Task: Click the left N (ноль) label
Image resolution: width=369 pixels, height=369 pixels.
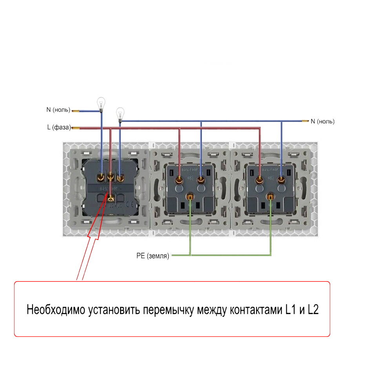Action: (58, 110)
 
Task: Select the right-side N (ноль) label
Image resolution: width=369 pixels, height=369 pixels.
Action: (323, 122)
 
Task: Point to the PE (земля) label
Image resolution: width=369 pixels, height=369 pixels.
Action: (153, 256)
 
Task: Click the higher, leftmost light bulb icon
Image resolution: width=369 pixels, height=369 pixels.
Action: (101, 104)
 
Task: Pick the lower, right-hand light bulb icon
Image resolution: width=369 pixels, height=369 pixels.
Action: (120, 115)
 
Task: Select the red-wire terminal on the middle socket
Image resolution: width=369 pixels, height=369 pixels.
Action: (180, 180)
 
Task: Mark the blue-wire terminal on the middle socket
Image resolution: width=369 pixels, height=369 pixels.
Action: (202, 180)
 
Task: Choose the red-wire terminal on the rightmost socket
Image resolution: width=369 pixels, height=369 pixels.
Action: (259, 180)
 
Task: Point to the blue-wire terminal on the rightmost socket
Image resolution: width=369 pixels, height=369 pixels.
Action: (281, 180)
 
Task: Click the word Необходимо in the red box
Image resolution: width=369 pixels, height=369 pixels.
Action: (56, 310)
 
